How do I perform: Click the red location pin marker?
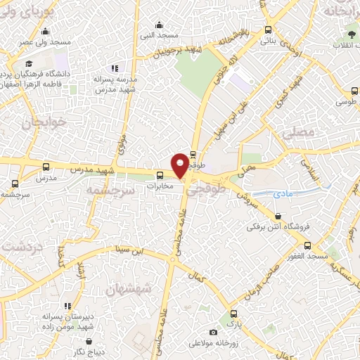(x=180, y=165)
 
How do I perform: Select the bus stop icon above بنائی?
(x=267, y=30)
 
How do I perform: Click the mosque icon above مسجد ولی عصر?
(x=46, y=31)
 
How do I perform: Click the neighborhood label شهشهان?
(x=129, y=289)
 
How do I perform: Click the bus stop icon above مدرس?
(x=46, y=167)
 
